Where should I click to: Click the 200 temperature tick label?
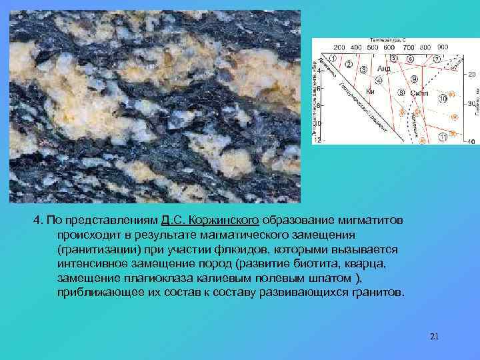[339, 47]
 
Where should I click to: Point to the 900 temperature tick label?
[443, 47]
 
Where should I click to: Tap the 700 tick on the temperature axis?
[408, 47]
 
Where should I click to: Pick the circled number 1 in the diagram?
[332, 57]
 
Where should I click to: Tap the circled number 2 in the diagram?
[347, 65]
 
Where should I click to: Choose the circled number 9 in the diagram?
[415, 79]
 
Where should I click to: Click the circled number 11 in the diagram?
[443, 137]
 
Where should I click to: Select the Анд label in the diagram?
[384, 69]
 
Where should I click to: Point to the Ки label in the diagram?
[371, 91]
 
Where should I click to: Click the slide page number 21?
[435, 336]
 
